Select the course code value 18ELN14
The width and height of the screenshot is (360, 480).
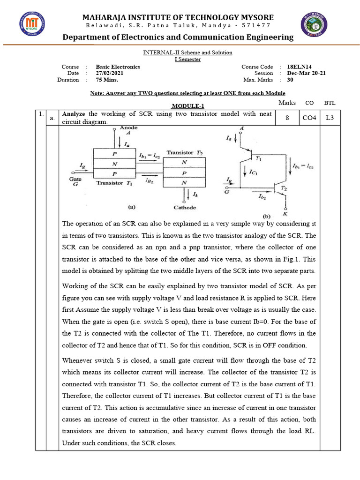point(300,67)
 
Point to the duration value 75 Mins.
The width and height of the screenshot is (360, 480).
point(106,80)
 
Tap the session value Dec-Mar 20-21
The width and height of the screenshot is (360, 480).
point(306,73)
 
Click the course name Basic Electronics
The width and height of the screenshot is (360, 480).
point(118,67)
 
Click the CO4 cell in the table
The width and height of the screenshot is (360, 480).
point(309,118)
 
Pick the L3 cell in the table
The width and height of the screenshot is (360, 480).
point(330,118)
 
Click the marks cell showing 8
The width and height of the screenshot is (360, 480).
point(286,118)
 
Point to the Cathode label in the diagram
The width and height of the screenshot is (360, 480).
point(184,208)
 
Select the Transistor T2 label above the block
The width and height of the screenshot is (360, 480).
point(184,153)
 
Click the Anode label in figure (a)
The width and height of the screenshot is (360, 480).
point(128,127)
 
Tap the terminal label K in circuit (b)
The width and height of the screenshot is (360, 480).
point(285,211)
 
